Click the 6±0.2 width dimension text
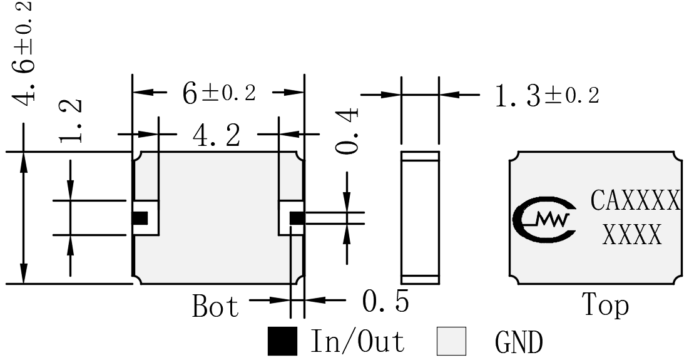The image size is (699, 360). pos(219,93)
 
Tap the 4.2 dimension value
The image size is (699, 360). pos(217,135)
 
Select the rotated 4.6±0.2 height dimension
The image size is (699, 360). pos(21,53)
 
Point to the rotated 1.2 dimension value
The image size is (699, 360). pos(71,120)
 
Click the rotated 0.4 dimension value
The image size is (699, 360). pos(347,131)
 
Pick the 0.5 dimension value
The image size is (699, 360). pos(385,301)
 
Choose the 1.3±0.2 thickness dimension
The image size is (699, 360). pos(547,96)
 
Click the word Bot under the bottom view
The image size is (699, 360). pos(215,306)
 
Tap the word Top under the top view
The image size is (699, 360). pos(606,305)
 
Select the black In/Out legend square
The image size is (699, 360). pos(282,341)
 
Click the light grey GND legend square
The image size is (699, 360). pos(451,341)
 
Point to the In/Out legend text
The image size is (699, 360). pos(357,341)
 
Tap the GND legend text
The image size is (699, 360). pos(519,342)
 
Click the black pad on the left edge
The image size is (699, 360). pos(140,218)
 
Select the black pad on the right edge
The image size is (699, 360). pos(297,218)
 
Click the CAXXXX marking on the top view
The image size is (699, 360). pos(636,200)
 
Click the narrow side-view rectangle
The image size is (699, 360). pos(420,218)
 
